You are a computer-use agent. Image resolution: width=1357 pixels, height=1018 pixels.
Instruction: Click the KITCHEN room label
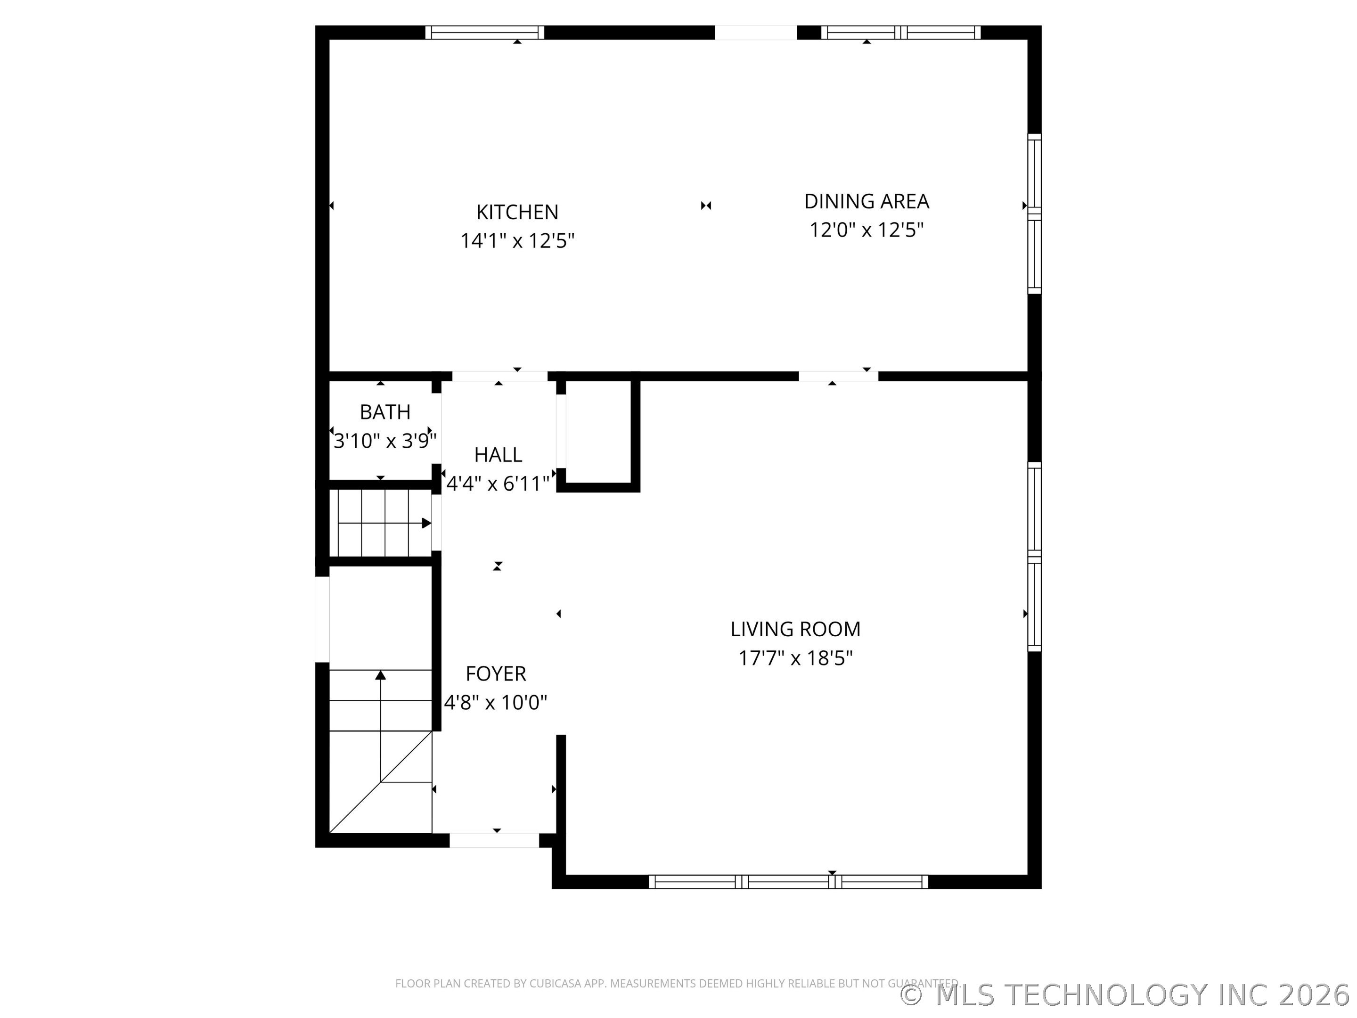click(x=517, y=212)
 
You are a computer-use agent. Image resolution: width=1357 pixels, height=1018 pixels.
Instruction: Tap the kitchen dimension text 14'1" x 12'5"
click(x=517, y=240)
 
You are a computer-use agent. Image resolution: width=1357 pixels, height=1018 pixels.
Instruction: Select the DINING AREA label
click(x=866, y=201)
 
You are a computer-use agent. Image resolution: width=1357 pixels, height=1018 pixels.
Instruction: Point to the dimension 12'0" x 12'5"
click(x=866, y=230)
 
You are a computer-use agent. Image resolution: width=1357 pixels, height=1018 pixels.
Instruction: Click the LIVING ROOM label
click(x=795, y=629)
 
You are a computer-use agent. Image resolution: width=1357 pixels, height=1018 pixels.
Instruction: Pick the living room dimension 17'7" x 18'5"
click(x=795, y=658)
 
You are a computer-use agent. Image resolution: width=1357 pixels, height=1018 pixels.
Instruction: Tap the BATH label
click(x=384, y=412)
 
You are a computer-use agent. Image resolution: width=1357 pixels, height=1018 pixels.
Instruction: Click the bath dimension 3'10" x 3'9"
click(x=384, y=441)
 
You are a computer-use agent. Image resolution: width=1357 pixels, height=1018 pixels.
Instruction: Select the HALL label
click(x=498, y=455)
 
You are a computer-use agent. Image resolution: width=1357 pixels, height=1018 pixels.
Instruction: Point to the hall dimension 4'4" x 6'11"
click(x=498, y=484)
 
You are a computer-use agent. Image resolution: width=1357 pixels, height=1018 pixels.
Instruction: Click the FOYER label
click(x=496, y=674)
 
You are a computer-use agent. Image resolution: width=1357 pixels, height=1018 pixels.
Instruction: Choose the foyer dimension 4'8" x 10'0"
click(x=496, y=702)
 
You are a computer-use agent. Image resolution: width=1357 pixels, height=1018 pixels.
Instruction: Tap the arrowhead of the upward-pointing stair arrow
click(x=380, y=675)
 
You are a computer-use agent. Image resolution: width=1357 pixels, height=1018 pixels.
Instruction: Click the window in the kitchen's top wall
click(x=485, y=33)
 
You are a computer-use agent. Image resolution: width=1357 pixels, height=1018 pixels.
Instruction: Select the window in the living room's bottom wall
click(x=788, y=882)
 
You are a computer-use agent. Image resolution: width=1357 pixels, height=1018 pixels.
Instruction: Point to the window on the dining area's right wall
click(x=1034, y=213)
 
